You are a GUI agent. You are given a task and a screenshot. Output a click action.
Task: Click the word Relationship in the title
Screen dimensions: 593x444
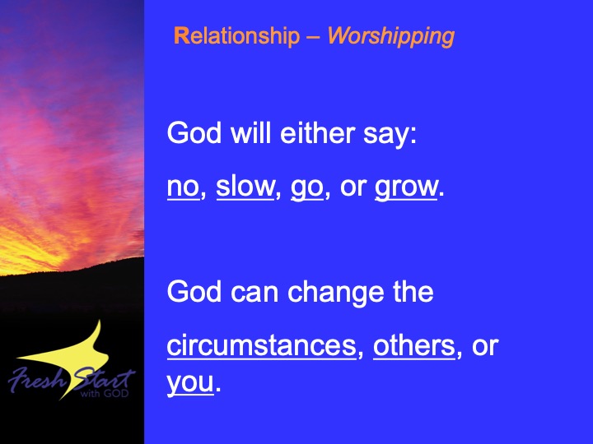pyautogui.click(x=236, y=36)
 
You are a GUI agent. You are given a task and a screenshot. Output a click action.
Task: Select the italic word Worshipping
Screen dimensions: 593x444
pyautogui.click(x=391, y=37)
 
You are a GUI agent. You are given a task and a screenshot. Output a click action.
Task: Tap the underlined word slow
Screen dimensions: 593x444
pyautogui.click(x=245, y=187)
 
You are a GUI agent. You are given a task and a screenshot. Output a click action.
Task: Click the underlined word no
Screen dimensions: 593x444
pyautogui.click(x=183, y=187)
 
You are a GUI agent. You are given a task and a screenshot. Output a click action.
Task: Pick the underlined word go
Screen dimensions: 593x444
pyautogui.click(x=306, y=188)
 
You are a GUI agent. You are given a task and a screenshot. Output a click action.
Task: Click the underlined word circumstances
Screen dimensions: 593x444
pyautogui.click(x=262, y=346)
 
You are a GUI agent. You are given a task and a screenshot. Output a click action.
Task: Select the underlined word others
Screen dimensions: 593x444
pyautogui.click(x=414, y=345)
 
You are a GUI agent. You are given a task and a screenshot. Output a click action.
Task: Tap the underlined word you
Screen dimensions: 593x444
pyautogui.click(x=190, y=384)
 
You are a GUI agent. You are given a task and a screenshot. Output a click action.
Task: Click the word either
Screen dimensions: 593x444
pyautogui.click(x=318, y=133)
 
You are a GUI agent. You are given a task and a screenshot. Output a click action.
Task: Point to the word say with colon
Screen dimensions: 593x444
pyautogui.click(x=390, y=135)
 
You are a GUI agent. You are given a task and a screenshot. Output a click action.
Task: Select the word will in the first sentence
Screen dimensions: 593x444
pyautogui.click(x=250, y=133)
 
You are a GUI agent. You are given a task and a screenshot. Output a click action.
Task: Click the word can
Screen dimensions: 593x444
pyautogui.click(x=254, y=294)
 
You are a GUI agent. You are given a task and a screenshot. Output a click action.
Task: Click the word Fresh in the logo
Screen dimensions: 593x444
pyautogui.click(x=36, y=379)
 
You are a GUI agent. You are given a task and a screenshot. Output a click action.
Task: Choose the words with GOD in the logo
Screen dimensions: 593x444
pyautogui.click(x=105, y=393)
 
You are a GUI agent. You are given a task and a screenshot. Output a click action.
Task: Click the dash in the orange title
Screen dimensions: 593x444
pyautogui.click(x=314, y=38)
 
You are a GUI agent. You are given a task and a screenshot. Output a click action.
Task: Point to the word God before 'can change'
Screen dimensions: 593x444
pyautogui.click(x=194, y=292)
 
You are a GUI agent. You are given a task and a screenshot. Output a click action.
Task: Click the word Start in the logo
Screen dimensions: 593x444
pyautogui.click(x=103, y=378)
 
